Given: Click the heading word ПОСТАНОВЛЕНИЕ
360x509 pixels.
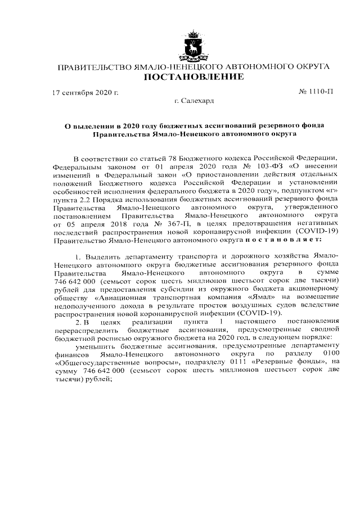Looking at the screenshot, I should click(x=194, y=76).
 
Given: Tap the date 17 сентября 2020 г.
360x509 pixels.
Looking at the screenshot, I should click(x=85, y=91).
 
